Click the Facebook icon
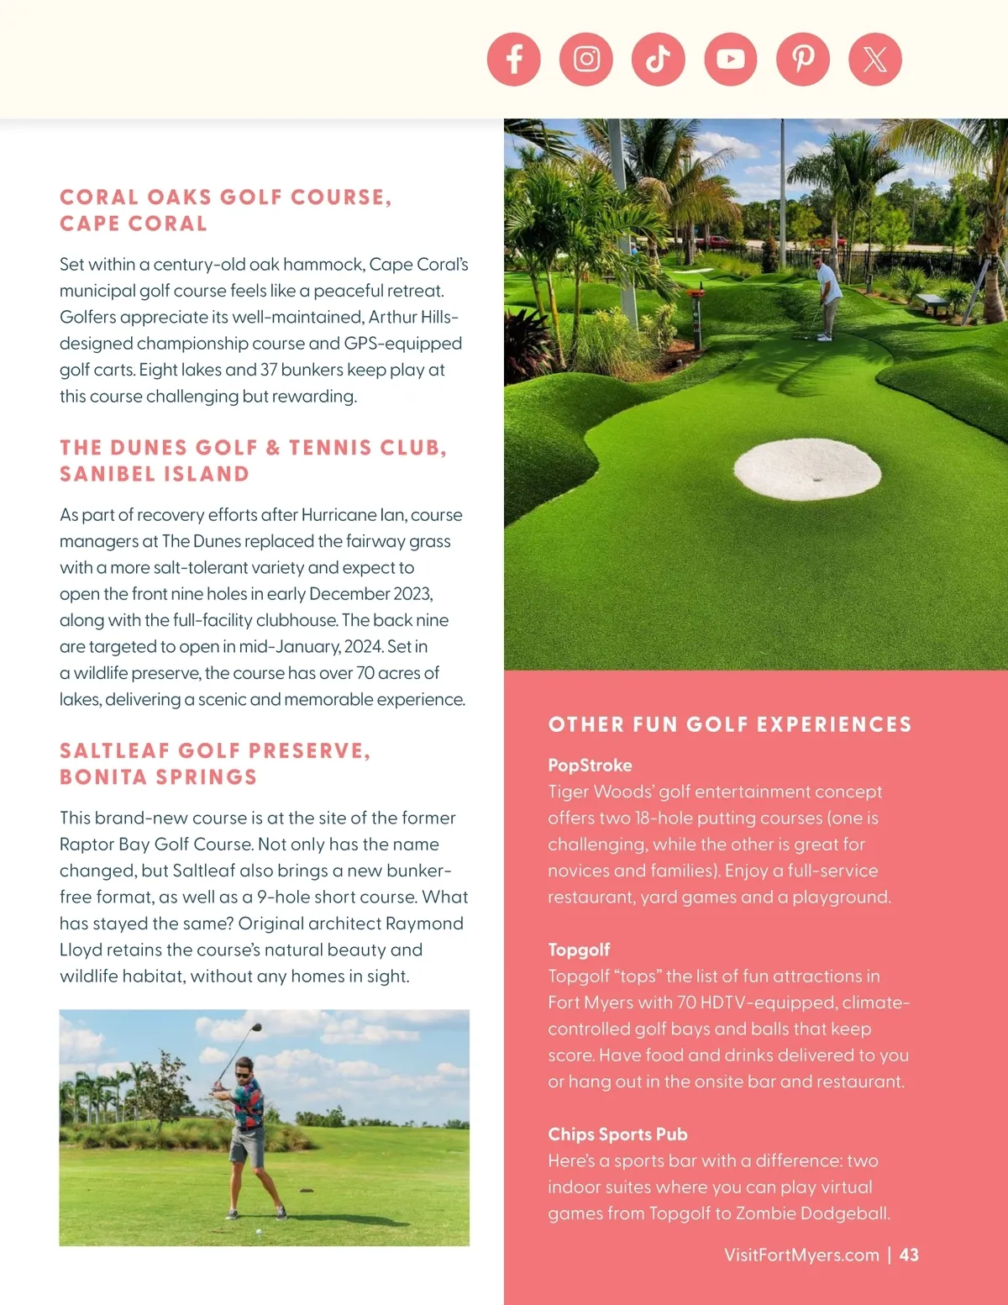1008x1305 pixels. click(x=513, y=60)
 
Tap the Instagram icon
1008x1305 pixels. click(x=586, y=60)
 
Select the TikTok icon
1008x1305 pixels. click(x=659, y=60)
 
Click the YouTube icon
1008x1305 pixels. click(x=731, y=60)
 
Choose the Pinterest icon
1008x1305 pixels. click(x=803, y=60)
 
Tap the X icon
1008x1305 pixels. click(x=875, y=60)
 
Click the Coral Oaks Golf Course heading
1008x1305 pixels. click(x=225, y=210)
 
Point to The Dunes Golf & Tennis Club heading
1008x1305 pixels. click(x=253, y=460)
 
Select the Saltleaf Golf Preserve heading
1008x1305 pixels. click(x=215, y=764)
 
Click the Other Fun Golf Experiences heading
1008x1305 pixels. click(x=730, y=724)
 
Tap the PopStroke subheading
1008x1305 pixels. click(x=590, y=766)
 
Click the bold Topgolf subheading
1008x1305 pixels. click(x=579, y=950)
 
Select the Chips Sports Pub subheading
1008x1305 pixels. click(x=617, y=1134)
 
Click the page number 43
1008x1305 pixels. click(x=909, y=1255)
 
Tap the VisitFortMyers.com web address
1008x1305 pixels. click(x=801, y=1255)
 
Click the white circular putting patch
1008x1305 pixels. click(x=807, y=469)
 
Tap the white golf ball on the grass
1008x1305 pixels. click(x=258, y=1232)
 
